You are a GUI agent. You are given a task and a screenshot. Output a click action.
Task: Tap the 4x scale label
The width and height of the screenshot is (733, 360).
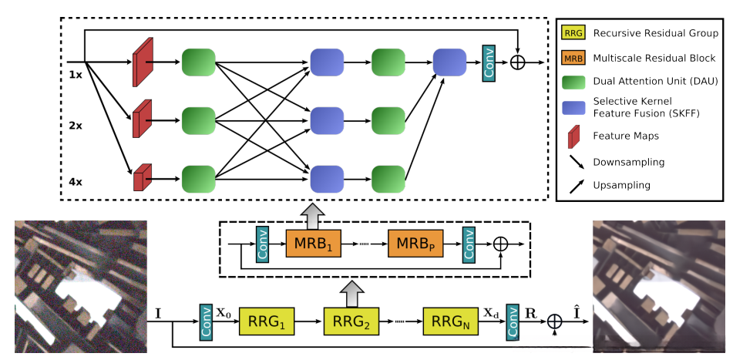(75, 183)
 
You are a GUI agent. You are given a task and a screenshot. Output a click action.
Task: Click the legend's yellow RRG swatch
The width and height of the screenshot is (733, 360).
(573, 32)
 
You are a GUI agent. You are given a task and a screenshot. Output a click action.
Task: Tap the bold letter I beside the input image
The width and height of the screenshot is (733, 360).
(159, 314)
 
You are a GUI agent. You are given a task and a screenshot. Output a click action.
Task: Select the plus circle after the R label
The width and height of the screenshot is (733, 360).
(554, 321)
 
